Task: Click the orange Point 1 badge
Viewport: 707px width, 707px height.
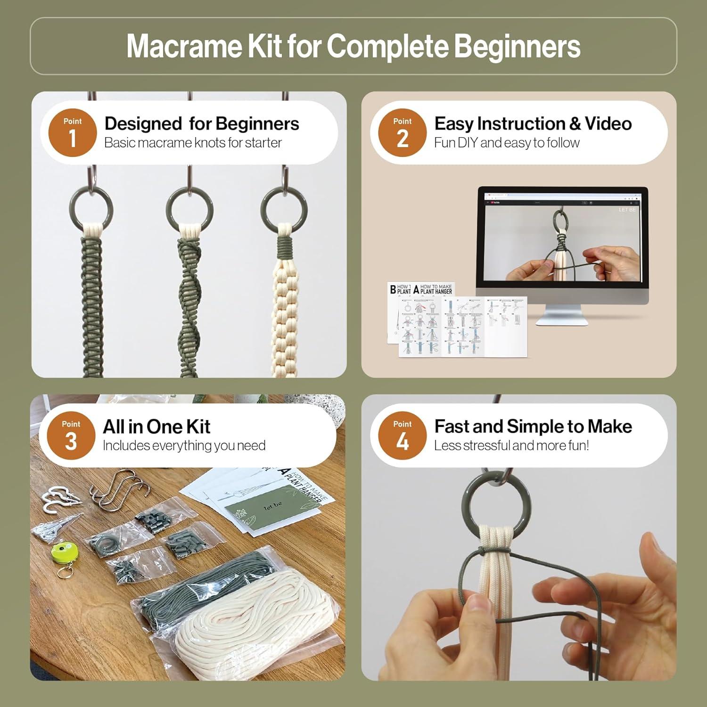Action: pyautogui.click(x=72, y=132)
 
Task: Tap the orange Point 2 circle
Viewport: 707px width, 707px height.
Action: pyautogui.click(x=402, y=132)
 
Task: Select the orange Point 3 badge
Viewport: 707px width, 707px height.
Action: pyautogui.click(x=71, y=436)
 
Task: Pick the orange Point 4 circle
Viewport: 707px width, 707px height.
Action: pyautogui.click(x=402, y=436)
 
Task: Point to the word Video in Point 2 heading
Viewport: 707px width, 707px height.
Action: pyautogui.click(x=608, y=123)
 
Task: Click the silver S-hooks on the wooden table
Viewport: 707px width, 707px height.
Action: pyautogui.click(x=120, y=490)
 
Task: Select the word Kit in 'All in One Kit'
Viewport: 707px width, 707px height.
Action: pyautogui.click(x=198, y=427)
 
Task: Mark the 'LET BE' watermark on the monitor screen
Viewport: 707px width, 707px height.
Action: pyautogui.click(x=627, y=210)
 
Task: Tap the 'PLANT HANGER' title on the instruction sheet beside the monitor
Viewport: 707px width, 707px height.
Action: pyautogui.click(x=436, y=291)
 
